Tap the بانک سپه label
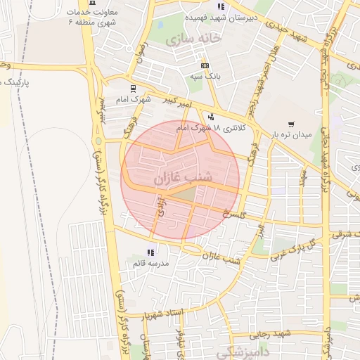[x=204, y=75]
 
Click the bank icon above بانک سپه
[x=205, y=65]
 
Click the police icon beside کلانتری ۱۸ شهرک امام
[x=211, y=117]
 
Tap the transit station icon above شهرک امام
[x=133, y=89]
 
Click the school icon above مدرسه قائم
[x=150, y=252]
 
